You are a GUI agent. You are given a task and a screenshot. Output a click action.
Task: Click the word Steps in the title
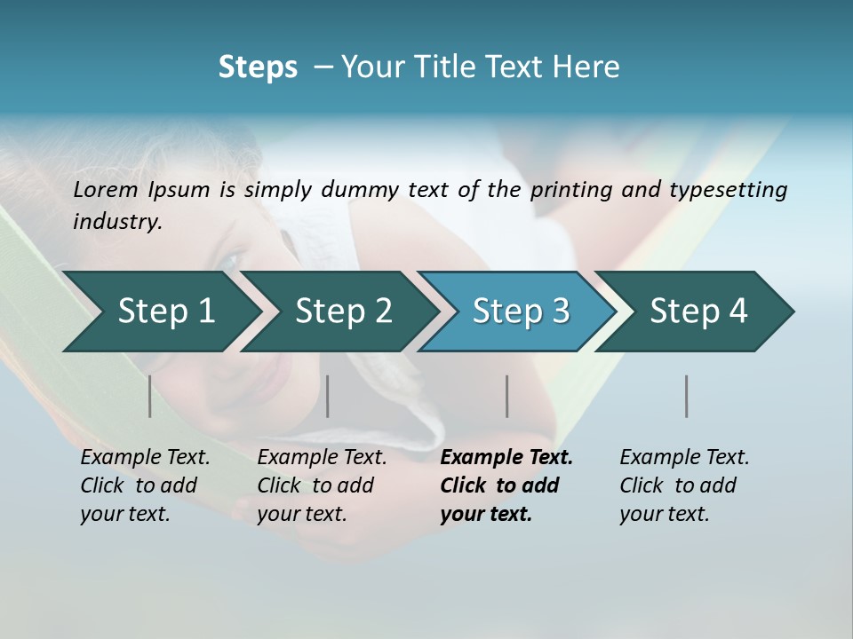258,67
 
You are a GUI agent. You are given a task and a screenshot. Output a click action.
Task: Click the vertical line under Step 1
150,396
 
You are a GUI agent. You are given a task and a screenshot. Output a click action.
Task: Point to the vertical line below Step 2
328,396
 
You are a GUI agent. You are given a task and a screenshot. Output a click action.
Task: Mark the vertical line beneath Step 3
507,396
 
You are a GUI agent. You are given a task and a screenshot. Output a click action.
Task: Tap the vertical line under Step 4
687,396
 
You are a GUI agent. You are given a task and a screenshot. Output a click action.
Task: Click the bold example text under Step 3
506,485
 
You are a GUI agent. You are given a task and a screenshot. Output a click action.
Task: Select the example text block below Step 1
145,485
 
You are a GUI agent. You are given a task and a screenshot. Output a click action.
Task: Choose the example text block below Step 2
322,485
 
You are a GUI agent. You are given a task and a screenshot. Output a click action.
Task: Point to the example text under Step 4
684,485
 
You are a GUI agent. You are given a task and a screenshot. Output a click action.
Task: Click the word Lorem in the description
106,190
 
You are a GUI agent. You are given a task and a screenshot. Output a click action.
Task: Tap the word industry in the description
117,222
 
